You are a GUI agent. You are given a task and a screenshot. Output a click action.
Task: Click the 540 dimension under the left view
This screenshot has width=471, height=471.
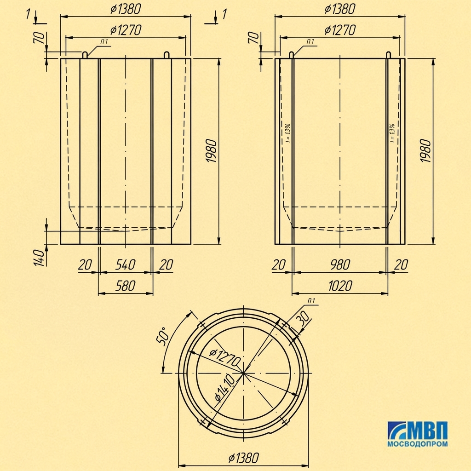click(x=125, y=264)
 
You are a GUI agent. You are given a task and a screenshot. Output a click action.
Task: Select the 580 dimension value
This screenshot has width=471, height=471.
click(x=125, y=286)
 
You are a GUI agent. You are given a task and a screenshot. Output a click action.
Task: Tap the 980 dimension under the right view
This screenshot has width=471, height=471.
click(x=340, y=264)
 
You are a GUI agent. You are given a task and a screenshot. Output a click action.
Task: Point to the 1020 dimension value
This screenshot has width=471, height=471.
click(x=340, y=286)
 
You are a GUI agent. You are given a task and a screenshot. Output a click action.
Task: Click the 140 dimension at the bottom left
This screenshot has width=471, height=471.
click(x=40, y=258)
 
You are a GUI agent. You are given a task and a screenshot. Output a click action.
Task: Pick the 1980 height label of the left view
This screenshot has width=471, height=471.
click(x=211, y=151)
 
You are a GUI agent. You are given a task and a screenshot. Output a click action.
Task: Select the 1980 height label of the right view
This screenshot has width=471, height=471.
click(x=425, y=151)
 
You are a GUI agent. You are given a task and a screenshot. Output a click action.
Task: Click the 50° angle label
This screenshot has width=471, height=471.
click(x=162, y=336)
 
